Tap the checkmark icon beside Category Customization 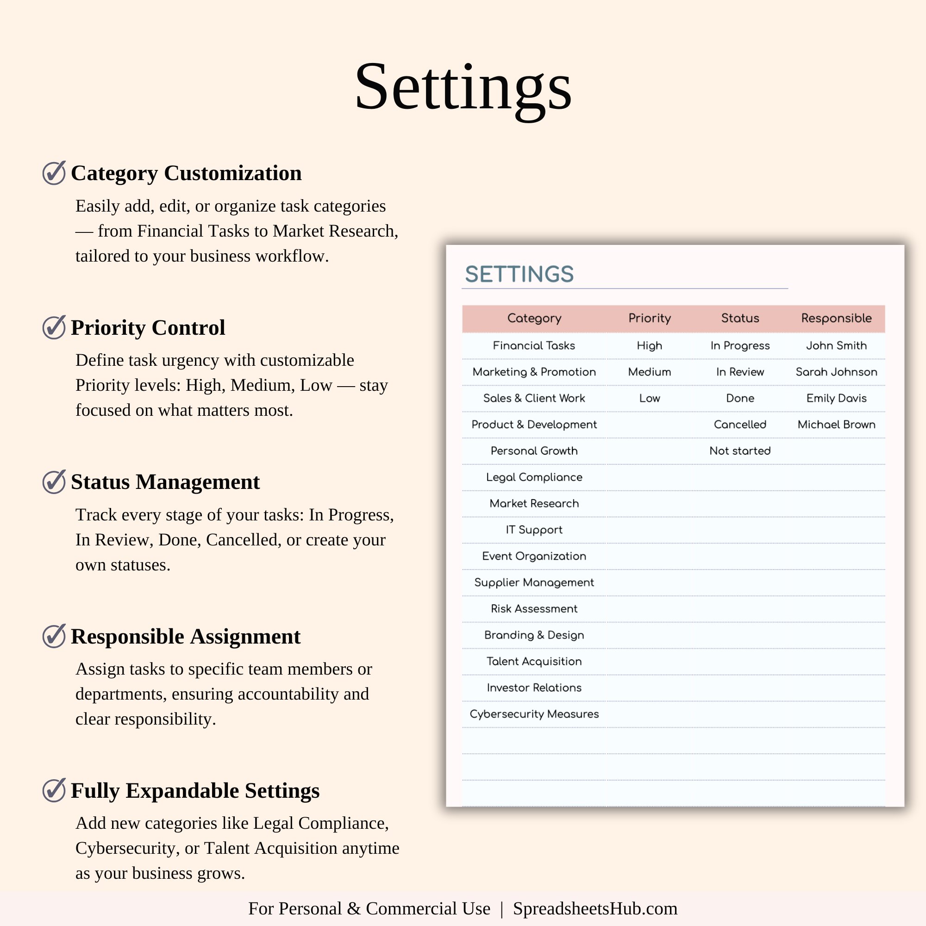(x=54, y=173)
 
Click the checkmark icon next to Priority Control (x=54, y=327)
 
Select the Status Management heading (x=165, y=482)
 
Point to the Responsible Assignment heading (x=186, y=637)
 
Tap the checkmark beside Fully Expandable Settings (x=54, y=790)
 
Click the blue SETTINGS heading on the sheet (x=519, y=274)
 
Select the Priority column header (x=650, y=318)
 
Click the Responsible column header (x=836, y=318)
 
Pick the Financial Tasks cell (x=534, y=345)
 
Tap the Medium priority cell (x=650, y=372)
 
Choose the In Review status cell (x=740, y=372)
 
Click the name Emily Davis (x=836, y=398)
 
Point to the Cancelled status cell (x=740, y=425)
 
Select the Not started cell (x=740, y=451)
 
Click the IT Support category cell (x=534, y=530)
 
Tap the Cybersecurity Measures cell (x=534, y=714)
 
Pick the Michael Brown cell (x=836, y=425)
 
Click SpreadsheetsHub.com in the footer (x=595, y=909)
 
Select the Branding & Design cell (x=534, y=635)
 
